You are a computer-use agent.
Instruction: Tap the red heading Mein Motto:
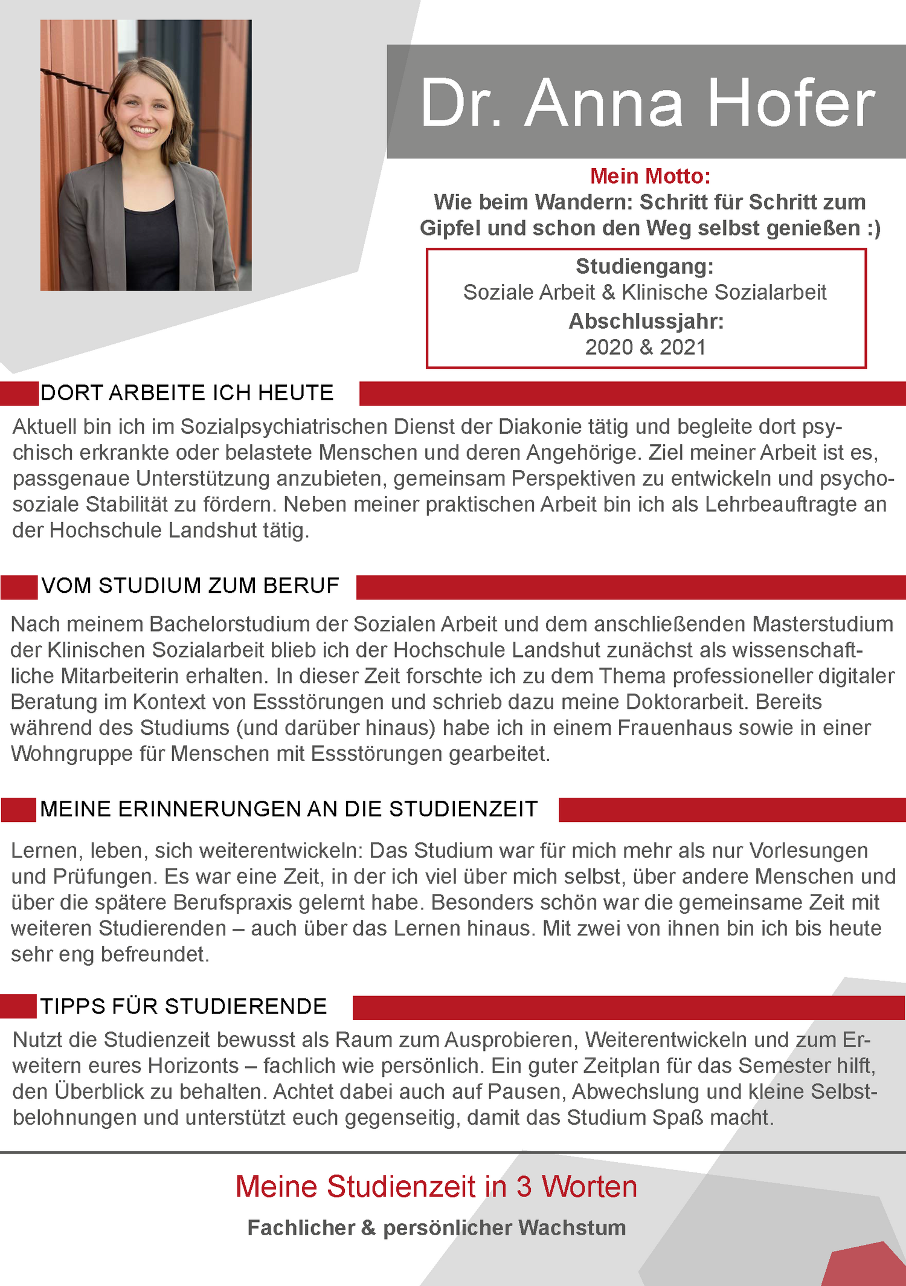[x=650, y=176]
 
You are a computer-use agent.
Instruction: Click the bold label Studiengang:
[x=644, y=266]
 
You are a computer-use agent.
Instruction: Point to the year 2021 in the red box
[x=683, y=347]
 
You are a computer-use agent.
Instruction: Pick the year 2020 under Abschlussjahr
[x=609, y=347]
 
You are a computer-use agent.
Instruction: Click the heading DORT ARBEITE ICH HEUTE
[x=187, y=393]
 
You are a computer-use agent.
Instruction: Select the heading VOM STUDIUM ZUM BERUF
[x=190, y=586]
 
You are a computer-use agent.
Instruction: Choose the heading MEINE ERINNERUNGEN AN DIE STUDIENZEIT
[x=289, y=809]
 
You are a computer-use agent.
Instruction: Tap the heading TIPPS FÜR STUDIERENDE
[x=183, y=1006]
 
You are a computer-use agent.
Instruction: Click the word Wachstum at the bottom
[x=571, y=1227]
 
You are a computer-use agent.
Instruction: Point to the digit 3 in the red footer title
[x=524, y=1186]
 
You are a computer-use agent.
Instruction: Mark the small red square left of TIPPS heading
[x=18, y=1006]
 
